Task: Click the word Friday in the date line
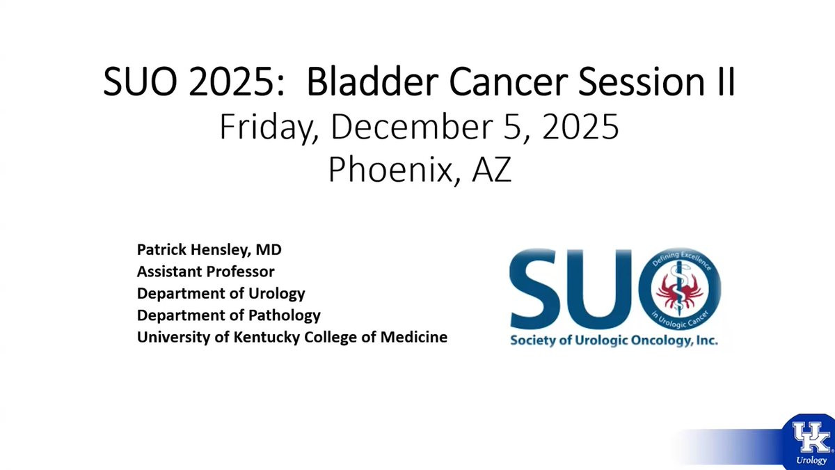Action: tap(269, 127)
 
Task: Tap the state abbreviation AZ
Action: tap(491, 170)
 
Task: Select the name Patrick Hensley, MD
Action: tap(209, 249)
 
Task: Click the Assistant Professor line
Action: tap(206, 271)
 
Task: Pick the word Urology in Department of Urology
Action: tap(277, 294)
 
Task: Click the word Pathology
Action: tap(285, 315)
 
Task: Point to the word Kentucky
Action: tap(267, 337)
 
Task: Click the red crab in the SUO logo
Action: tap(679, 291)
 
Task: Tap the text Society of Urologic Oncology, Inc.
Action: tap(614, 340)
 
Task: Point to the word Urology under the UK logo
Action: tap(811, 460)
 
